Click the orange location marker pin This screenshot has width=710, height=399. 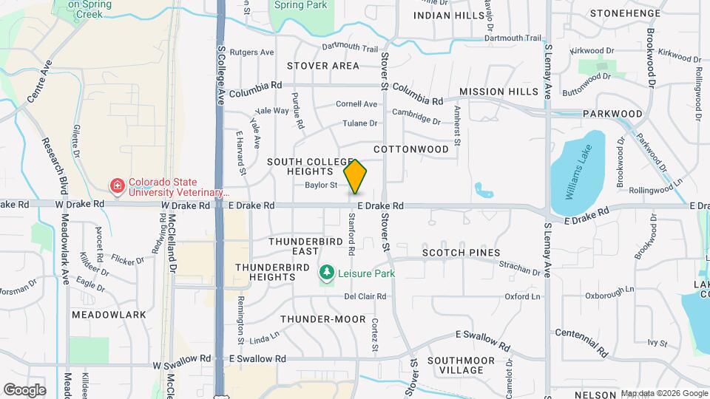(x=356, y=177)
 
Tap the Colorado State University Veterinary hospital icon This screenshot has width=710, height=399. (x=116, y=185)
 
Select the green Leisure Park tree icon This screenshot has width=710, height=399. (x=325, y=274)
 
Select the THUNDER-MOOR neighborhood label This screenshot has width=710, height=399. (x=323, y=319)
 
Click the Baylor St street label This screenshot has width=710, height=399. (x=321, y=185)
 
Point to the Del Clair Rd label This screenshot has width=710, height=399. (x=365, y=296)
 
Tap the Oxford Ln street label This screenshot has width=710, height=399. (x=523, y=296)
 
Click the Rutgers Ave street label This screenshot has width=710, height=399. (x=251, y=52)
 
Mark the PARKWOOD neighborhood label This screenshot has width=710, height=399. (x=612, y=114)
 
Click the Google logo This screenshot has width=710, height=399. (x=24, y=390)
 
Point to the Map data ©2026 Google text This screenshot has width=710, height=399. (x=663, y=393)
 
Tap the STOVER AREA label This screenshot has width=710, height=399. (x=323, y=66)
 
